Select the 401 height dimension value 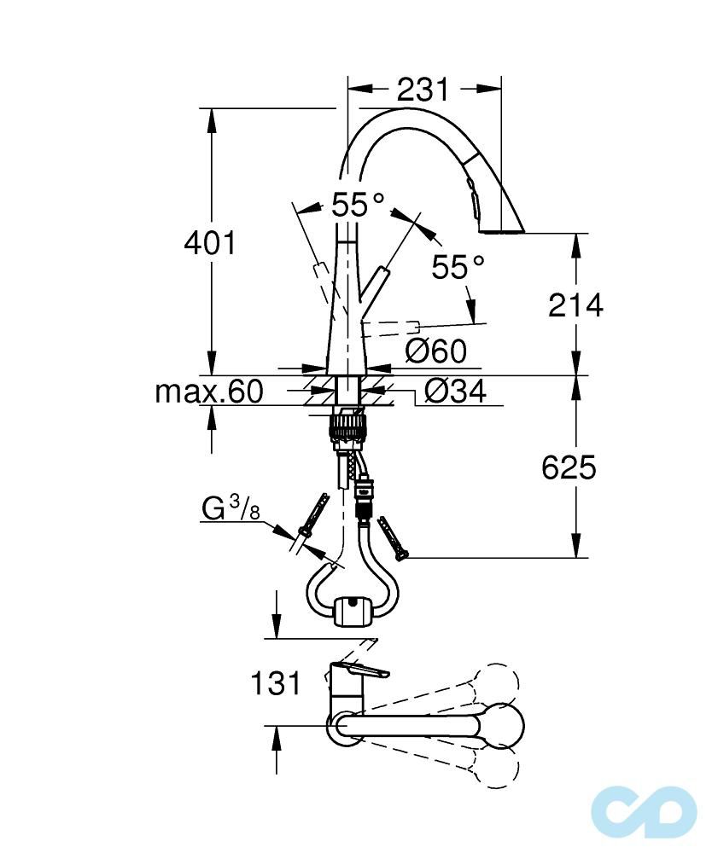point(210,244)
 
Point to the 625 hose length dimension point(569,467)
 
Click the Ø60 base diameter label point(435,351)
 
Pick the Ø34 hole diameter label point(455,392)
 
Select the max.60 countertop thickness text point(208,392)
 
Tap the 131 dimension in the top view point(276,682)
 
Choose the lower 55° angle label point(458,267)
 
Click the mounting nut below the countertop point(348,424)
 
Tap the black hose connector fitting point(365,499)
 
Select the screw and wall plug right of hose point(392,537)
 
